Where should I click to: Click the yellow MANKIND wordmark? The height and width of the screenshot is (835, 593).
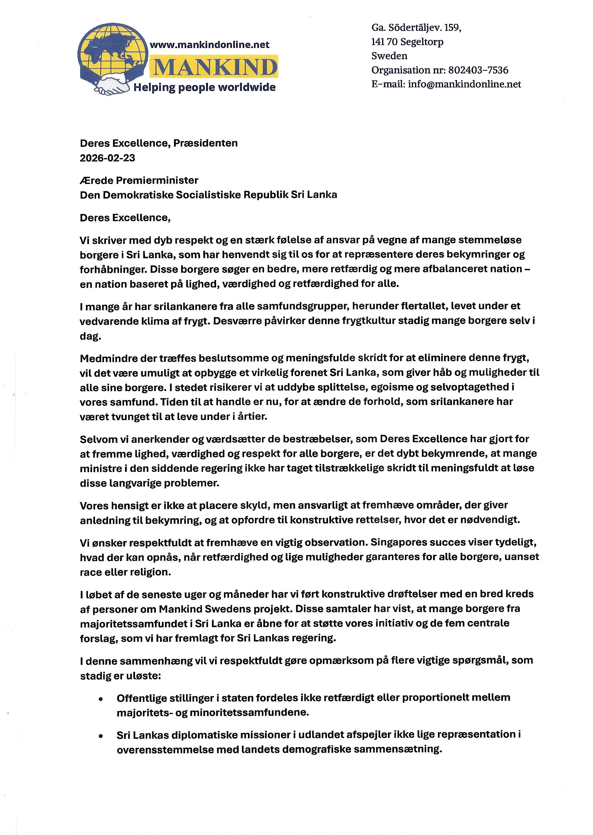[x=215, y=67]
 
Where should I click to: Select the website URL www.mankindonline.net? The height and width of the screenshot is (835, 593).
[x=210, y=45]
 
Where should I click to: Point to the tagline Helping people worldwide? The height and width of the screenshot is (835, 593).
[x=204, y=87]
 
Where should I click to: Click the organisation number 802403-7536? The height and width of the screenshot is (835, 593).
[x=478, y=70]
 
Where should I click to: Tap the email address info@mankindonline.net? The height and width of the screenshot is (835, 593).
[x=464, y=84]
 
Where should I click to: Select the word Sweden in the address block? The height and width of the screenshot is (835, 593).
[x=389, y=56]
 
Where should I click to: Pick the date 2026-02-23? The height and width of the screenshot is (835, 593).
[x=108, y=158]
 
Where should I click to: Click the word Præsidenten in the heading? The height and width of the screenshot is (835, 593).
[x=205, y=143]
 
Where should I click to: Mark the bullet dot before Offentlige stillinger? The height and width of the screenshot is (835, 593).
[x=100, y=699]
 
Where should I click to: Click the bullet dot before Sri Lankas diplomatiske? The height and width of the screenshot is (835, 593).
[x=100, y=736]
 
